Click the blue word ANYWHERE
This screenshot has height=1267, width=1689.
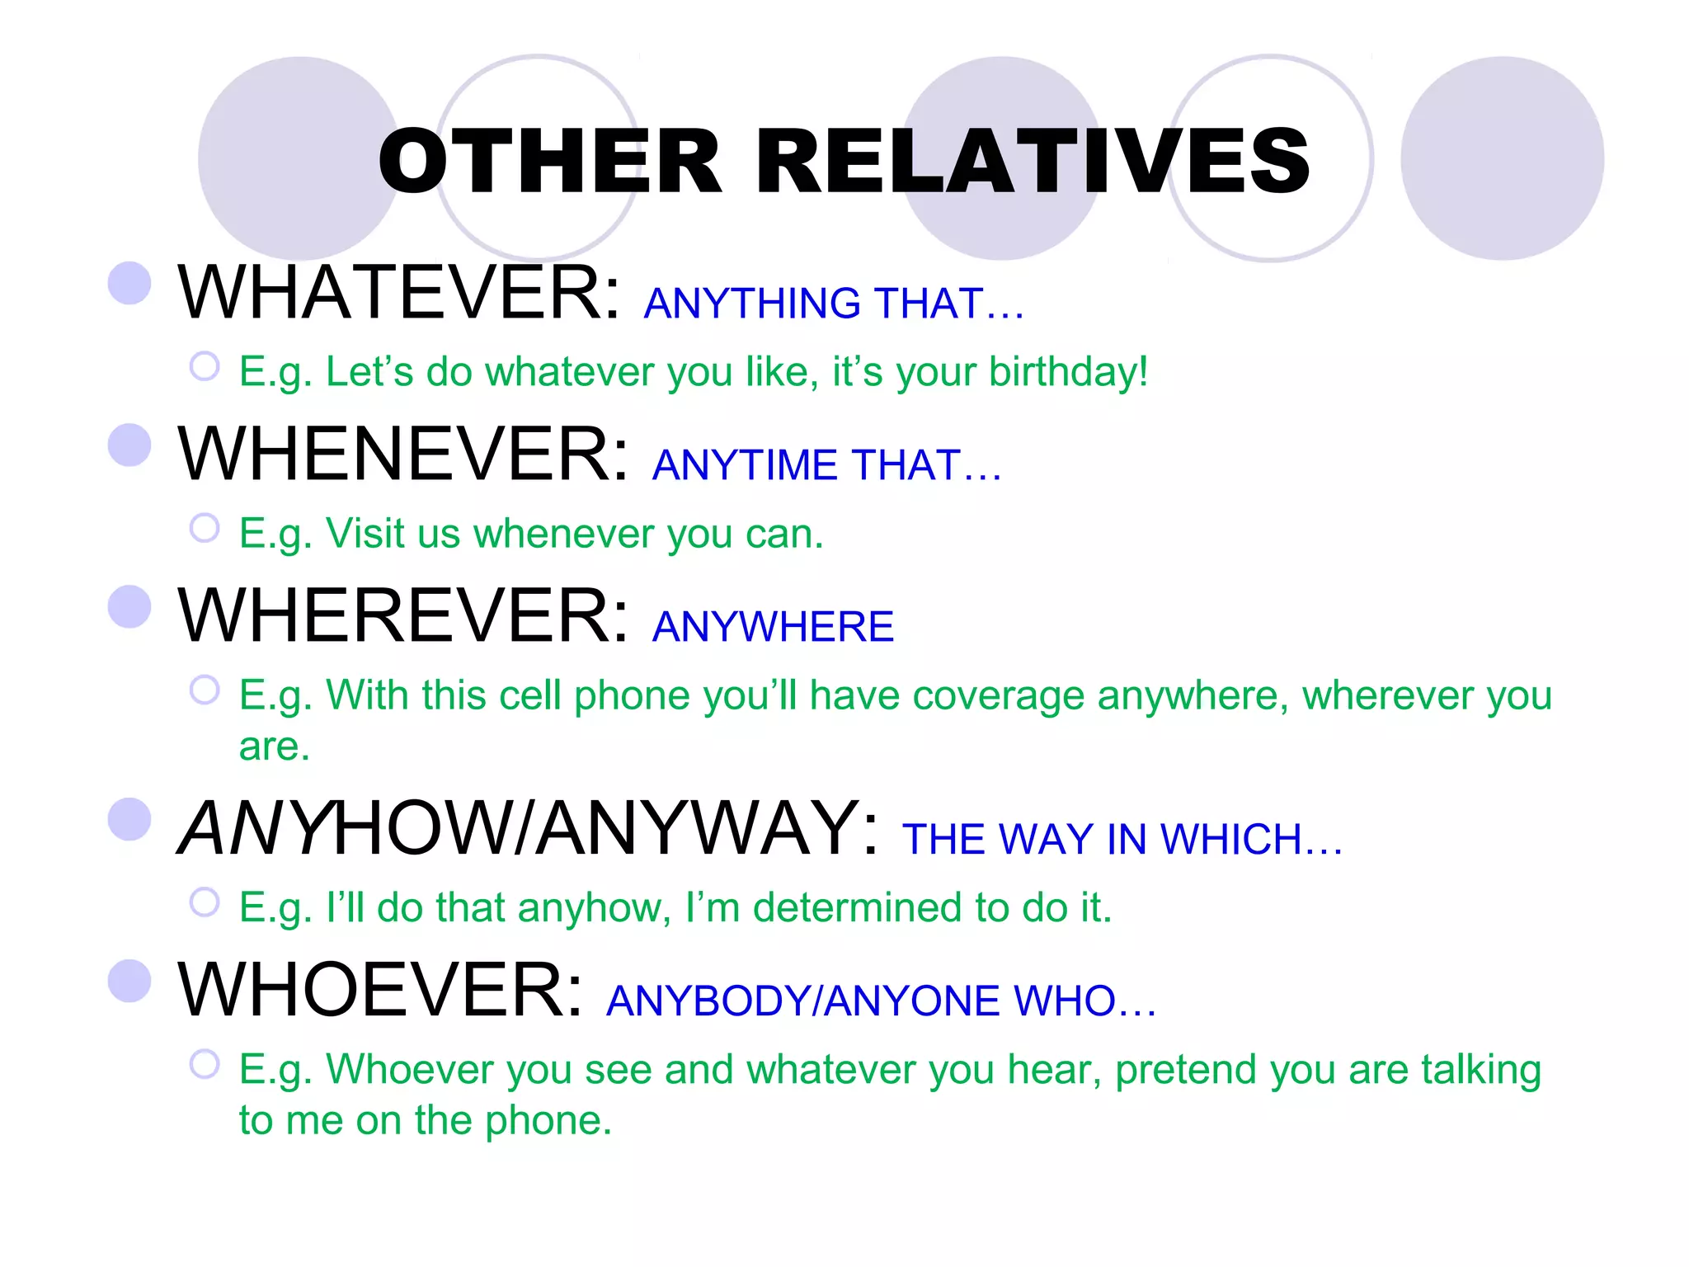click(x=773, y=627)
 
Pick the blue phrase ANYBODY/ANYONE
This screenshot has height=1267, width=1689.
click(x=803, y=1001)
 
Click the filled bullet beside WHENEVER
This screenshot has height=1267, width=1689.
click(x=129, y=445)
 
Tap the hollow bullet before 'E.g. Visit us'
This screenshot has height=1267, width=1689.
click(x=205, y=528)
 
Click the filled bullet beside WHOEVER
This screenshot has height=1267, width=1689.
click(x=129, y=981)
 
